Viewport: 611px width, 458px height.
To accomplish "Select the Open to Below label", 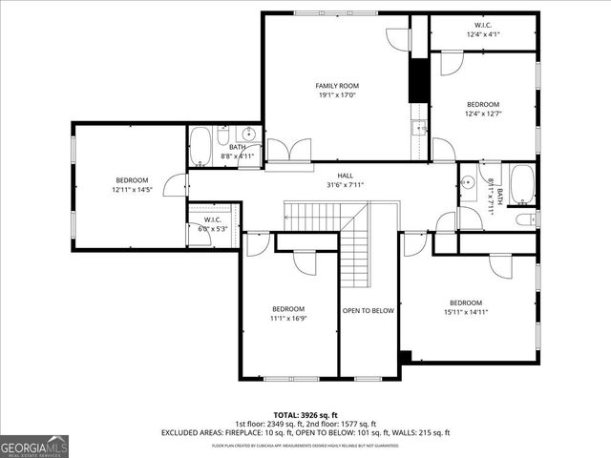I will coord(369,310).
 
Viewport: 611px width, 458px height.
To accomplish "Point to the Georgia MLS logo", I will coord(34,446).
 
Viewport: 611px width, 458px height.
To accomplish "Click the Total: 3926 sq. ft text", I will coord(305,415).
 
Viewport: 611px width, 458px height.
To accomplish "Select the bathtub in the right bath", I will coord(521,184).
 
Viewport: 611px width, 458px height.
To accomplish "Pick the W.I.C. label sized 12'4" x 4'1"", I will coord(483,30).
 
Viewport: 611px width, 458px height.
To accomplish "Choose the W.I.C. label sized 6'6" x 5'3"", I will coord(211,224).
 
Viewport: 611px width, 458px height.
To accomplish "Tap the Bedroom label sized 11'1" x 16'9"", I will coord(287,314).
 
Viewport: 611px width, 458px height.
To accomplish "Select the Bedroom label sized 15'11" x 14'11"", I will coord(465,307).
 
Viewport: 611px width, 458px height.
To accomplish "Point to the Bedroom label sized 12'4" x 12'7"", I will coord(483,109).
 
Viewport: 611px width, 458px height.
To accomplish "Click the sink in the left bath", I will coord(248,135).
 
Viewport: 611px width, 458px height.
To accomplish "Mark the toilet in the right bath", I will coord(525,219).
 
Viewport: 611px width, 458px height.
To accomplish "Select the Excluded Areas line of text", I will coord(305,433).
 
